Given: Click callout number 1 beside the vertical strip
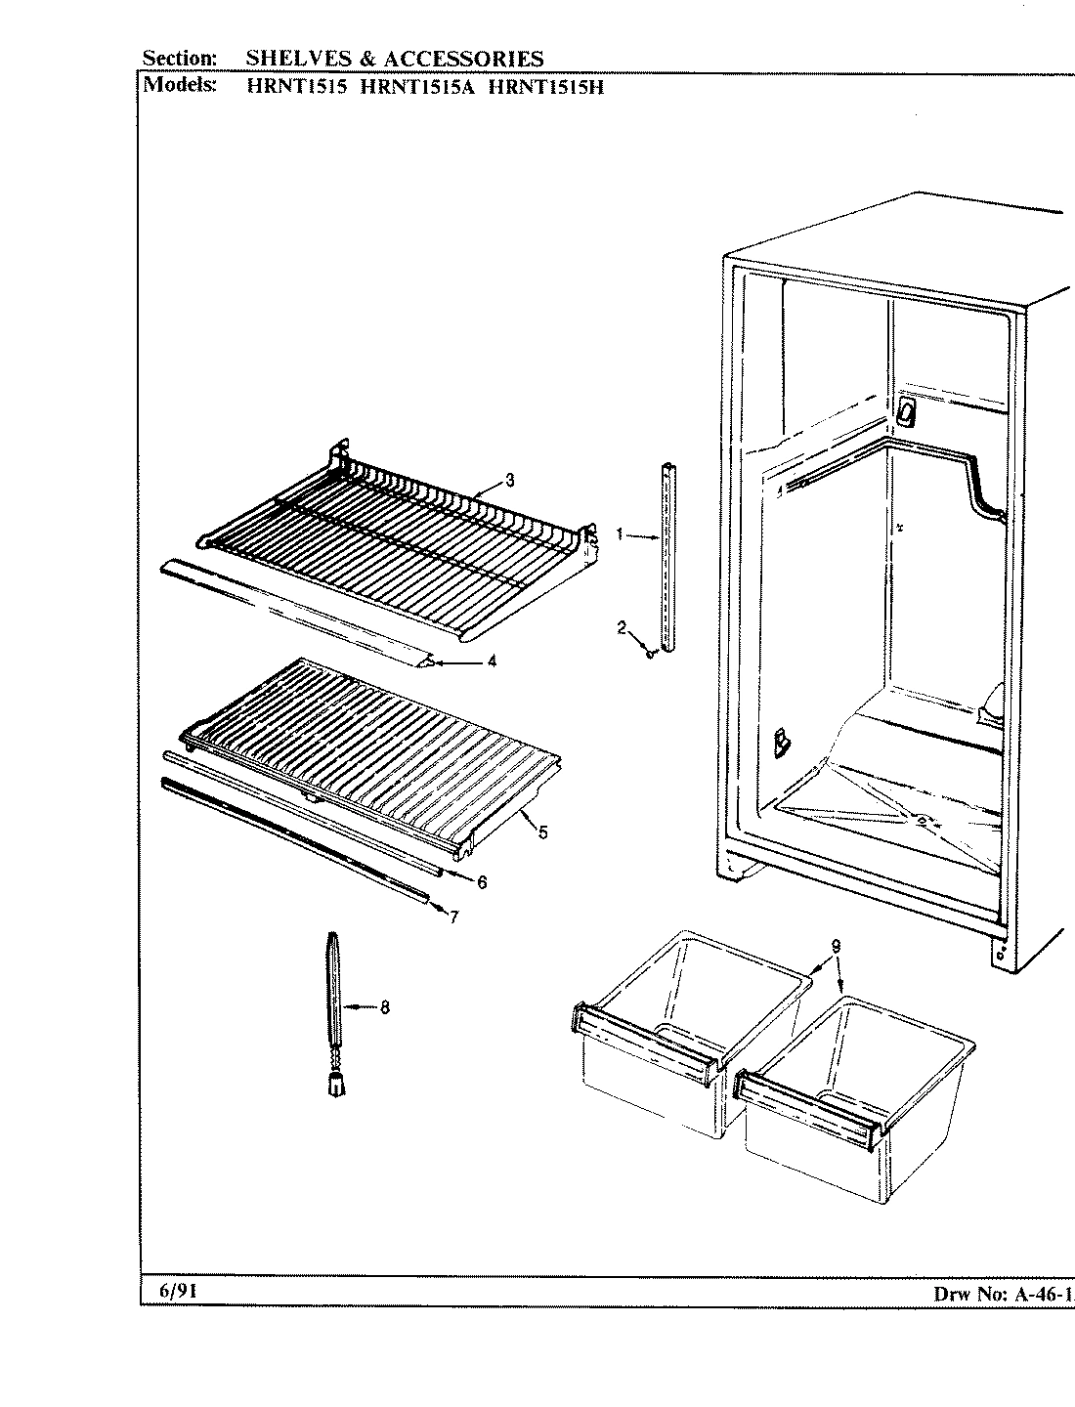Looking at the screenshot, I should click(620, 533).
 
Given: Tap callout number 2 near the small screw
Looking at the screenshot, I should click(621, 627).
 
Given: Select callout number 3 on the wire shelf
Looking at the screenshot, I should click(509, 479).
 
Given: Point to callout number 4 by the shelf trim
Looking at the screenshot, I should click(491, 661).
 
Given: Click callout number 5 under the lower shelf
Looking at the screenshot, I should click(542, 832).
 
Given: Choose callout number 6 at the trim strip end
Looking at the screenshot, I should click(481, 881).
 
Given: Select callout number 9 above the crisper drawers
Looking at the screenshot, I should click(836, 945).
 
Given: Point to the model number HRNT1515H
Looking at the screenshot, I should click(544, 85).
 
